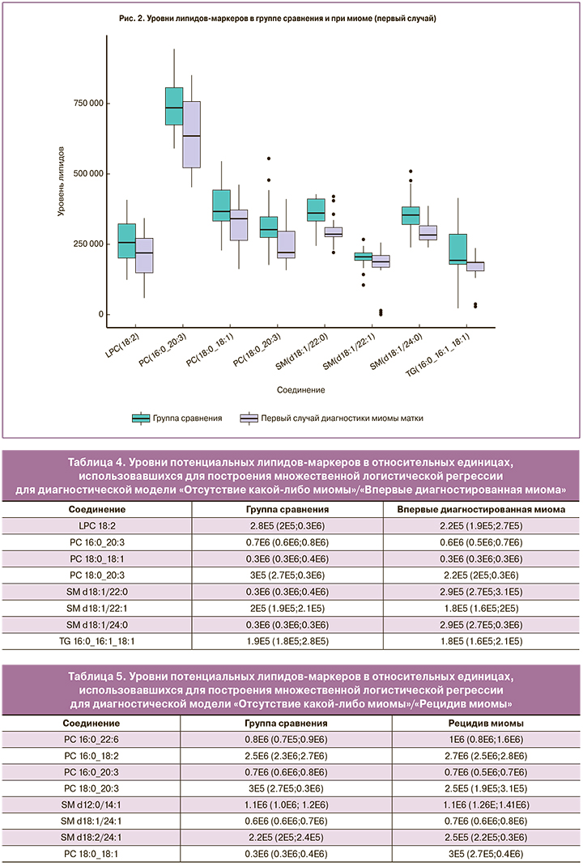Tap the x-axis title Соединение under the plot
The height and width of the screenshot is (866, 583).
[300, 389]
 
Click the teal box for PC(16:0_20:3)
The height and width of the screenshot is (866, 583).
[174, 106]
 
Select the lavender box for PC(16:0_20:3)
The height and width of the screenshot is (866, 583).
[192, 134]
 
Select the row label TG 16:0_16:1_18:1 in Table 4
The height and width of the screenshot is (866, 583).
[96, 642]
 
